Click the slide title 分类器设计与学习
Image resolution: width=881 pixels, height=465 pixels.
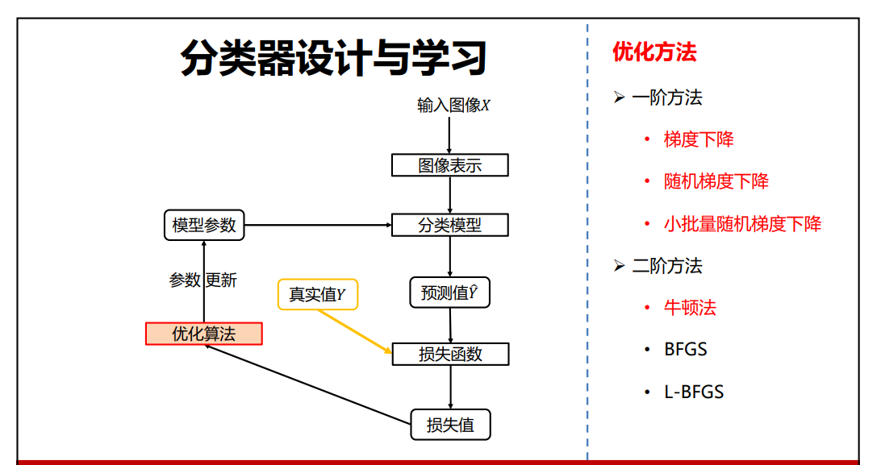pos(333,58)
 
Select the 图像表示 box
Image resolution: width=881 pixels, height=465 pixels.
pos(449,165)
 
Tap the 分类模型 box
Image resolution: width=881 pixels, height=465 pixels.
pos(449,225)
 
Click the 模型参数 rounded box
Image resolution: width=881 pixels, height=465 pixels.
pos(204,225)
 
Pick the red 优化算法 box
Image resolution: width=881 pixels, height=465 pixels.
pos(204,334)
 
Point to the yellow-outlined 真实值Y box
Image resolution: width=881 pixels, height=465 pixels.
pos(318,294)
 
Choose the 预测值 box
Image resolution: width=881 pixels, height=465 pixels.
pos(449,293)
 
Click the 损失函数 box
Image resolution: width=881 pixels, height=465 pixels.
pos(449,354)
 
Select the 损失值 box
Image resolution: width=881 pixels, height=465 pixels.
pos(449,425)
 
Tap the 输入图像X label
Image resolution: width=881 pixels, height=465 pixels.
pos(453,106)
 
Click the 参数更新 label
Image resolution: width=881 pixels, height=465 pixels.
pos(203,280)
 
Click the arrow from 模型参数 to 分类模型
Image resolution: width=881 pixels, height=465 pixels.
pos(318,225)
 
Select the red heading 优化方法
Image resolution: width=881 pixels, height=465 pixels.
pos(654,52)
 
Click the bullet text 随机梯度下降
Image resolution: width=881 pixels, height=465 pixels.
pos(716,181)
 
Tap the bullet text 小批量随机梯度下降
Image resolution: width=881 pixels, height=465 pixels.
pos(742,224)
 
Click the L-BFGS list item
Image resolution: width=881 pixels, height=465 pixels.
pos(694,392)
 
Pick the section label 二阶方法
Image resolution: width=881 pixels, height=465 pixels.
pos(666,266)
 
